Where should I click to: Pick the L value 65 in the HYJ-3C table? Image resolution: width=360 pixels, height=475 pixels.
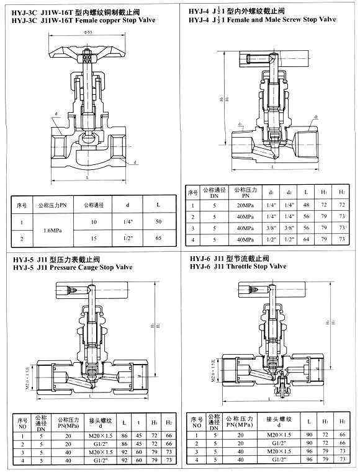[x=158, y=238]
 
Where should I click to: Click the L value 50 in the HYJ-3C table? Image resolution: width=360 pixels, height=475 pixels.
[x=158, y=221]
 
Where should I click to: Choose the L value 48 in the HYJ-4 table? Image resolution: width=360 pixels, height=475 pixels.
[x=306, y=205]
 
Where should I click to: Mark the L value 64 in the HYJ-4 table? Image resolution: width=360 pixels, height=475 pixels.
[x=306, y=239]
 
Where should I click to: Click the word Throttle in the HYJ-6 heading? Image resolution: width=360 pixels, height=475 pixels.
[x=241, y=266]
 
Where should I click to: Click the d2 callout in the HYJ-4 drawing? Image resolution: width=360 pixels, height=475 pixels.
[x=316, y=117]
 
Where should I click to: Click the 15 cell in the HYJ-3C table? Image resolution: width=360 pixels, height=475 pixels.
[x=94, y=238]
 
